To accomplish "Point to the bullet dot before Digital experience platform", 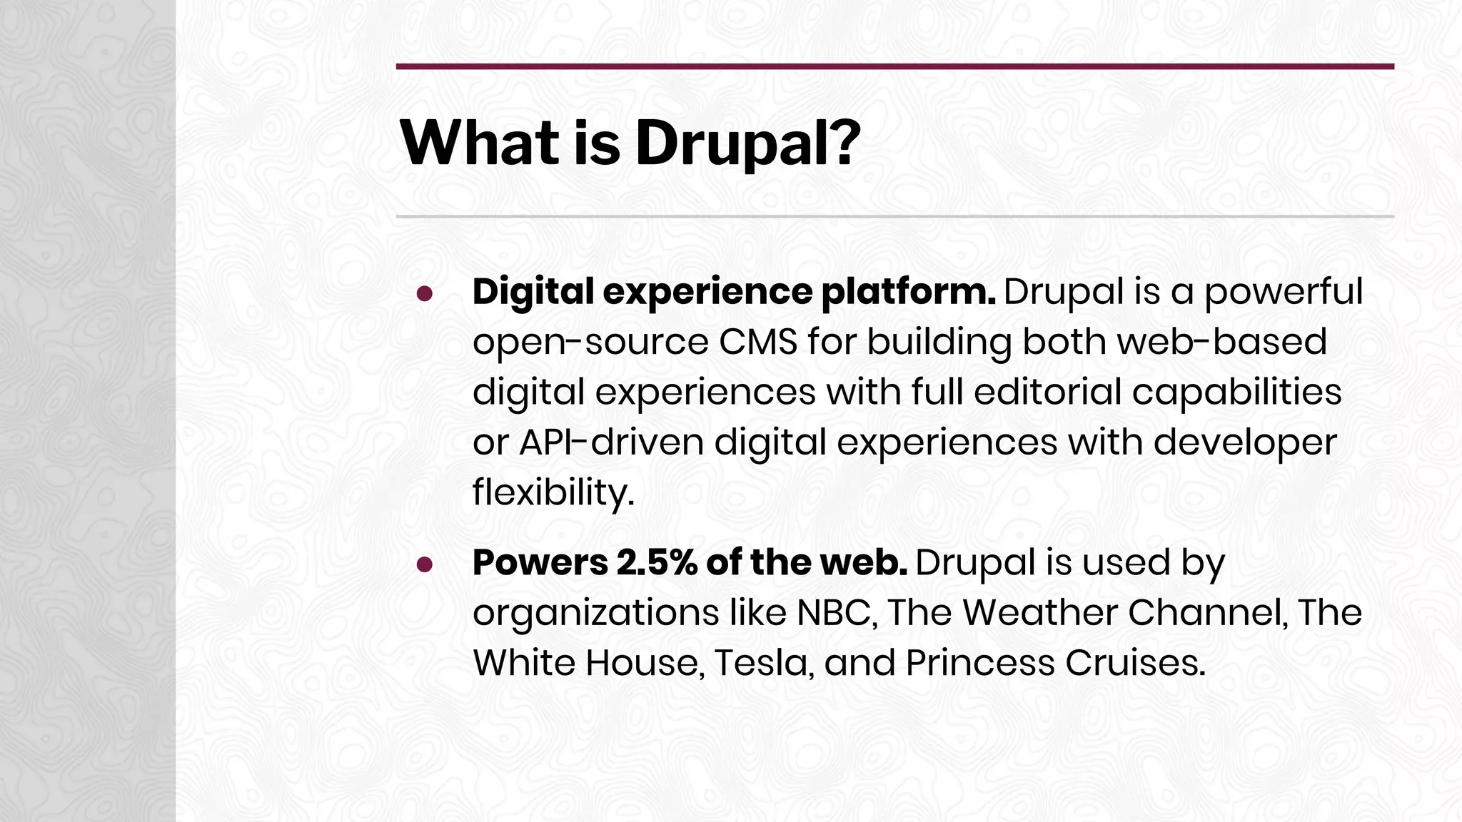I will point(425,294).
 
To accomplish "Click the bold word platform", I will point(908,293).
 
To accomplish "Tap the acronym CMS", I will point(757,342).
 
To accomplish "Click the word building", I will point(939,343).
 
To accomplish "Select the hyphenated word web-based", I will point(1221,342).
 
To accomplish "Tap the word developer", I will point(1244,443).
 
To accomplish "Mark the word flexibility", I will point(553,493).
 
